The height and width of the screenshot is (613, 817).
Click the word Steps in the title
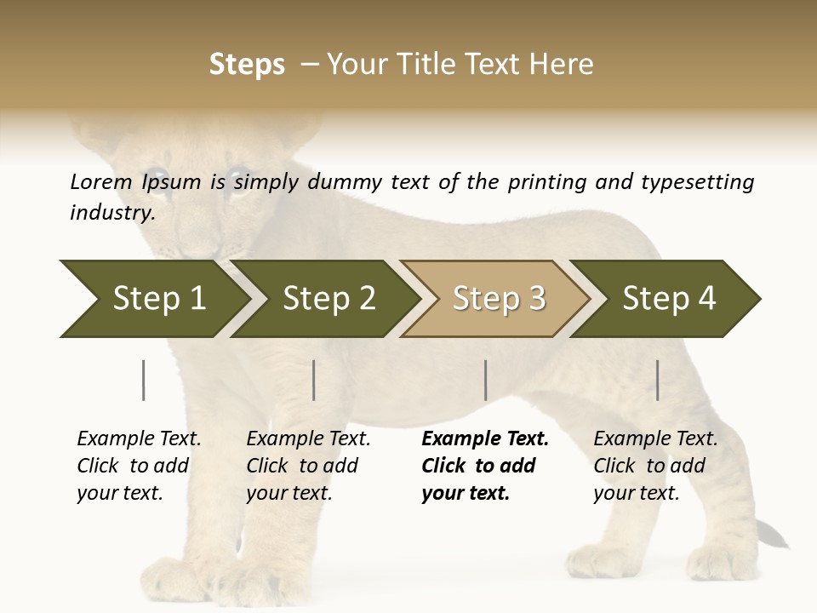click(x=247, y=65)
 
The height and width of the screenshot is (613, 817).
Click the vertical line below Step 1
click(x=143, y=380)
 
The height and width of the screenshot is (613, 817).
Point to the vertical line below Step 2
click(x=314, y=380)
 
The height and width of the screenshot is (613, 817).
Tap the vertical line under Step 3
click(x=485, y=380)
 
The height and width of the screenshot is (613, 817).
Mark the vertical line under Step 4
click(x=657, y=380)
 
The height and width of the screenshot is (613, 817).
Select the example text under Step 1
click(x=139, y=466)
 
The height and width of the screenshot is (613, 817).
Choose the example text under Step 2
click(x=308, y=466)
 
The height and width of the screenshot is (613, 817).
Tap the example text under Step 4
click(x=655, y=466)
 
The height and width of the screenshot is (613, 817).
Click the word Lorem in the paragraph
click(x=101, y=181)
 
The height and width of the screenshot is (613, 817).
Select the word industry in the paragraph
click(x=111, y=212)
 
